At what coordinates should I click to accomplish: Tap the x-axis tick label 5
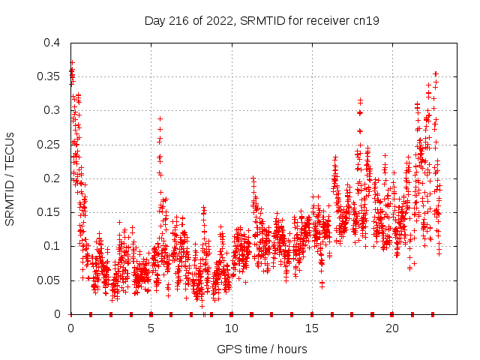point(151,328)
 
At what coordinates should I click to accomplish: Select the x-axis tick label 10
point(231,328)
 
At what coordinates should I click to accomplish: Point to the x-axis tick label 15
point(311,328)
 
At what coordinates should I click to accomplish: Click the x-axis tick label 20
point(391,328)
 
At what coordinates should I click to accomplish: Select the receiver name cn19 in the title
point(367,21)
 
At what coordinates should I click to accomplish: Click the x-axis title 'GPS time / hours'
point(262,349)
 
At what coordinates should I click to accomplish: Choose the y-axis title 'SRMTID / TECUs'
point(10,178)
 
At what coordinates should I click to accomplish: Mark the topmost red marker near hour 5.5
point(160,118)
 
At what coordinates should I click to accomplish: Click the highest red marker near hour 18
point(360,99)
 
